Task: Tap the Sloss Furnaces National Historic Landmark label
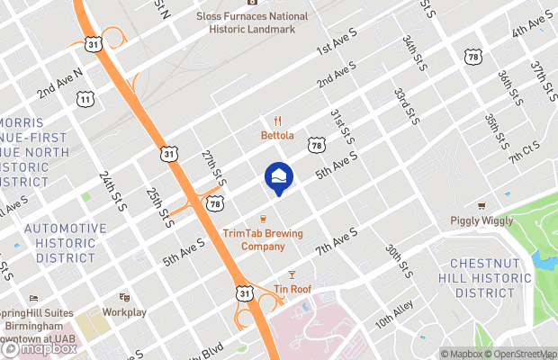pos(251,22)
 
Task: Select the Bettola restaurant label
pos(278,136)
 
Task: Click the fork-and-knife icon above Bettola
pos(278,121)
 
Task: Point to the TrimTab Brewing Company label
pos(263,240)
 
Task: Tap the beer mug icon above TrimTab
pos(263,219)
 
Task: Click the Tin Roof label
pos(291,290)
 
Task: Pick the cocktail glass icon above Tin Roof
pos(291,274)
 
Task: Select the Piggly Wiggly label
pos(481,220)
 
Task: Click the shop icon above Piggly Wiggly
pos(481,206)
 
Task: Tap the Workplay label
pos(124,311)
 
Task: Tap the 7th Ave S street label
pos(337,239)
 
